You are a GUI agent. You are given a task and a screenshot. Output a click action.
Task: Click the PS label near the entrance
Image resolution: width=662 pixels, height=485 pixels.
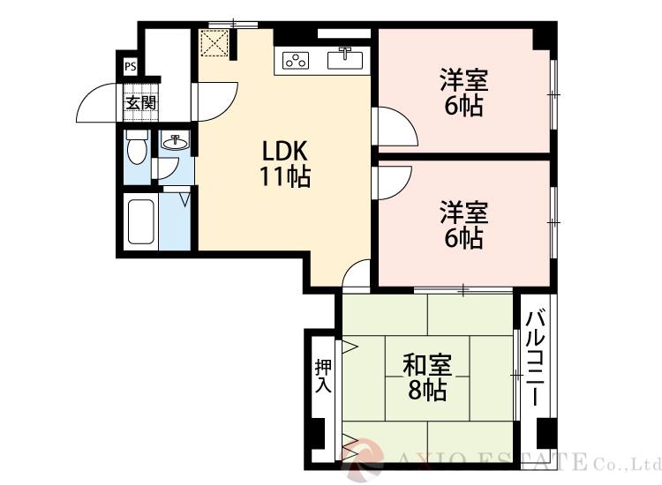[x=130, y=66]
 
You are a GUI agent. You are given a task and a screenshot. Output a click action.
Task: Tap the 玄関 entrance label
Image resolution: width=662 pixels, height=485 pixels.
[x=139, y=103]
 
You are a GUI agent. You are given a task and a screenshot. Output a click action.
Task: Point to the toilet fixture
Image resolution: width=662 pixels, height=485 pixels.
[x=136, y=148]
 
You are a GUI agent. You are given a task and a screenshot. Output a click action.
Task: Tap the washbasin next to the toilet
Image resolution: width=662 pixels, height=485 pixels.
[x=177, y=141]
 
